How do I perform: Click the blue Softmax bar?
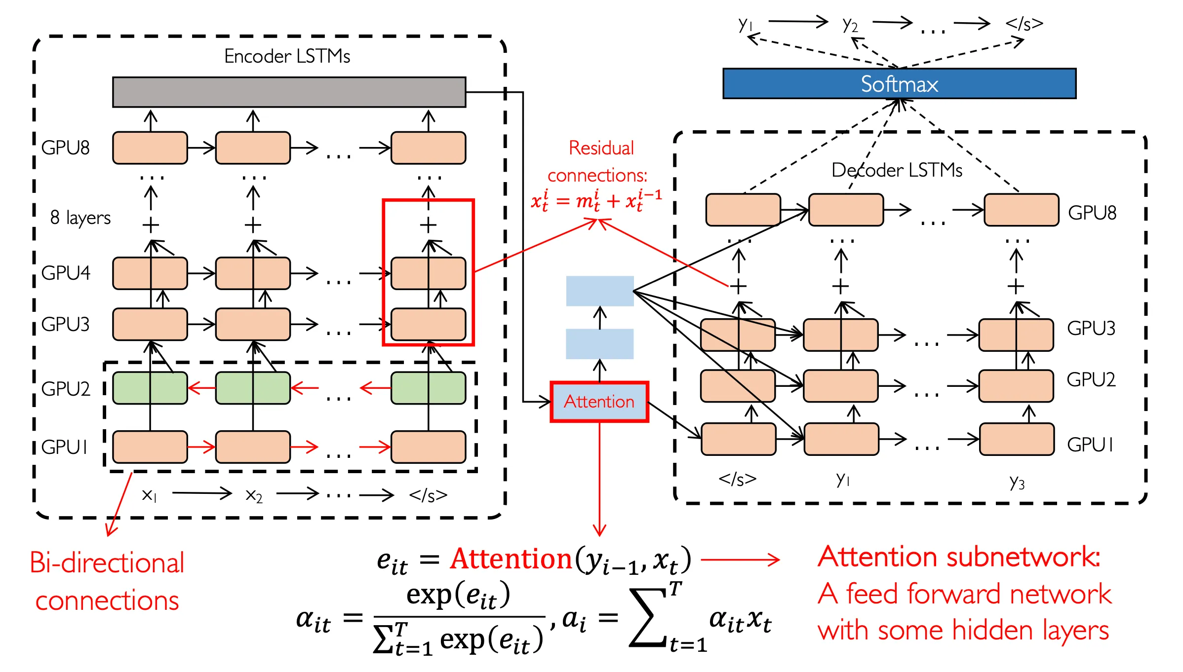point(899,84)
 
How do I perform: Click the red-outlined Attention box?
point(599,402)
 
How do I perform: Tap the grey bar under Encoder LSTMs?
point(289,92)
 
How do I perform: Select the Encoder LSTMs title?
point(287,56)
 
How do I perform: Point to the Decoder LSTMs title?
point(897,170)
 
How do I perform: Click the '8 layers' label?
point(80,218)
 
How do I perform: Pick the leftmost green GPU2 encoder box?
point(150,388)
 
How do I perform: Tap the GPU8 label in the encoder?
point(65,148)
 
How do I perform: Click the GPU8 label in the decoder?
point(1092,213)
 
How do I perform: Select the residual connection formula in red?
point(596,201)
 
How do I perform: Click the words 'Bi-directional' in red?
point(107,562)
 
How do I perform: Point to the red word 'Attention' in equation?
point(511,559)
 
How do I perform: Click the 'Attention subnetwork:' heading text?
point(958,557)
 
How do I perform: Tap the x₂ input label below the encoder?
point(254,495)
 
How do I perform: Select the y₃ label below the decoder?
point(1017,482)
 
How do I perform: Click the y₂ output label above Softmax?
point(850,24)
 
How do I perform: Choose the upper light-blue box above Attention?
point(599,291)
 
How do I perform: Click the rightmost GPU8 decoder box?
point(1021,210)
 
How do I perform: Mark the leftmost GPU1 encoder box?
point(150,447)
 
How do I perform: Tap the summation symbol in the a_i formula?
point(648,618)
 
